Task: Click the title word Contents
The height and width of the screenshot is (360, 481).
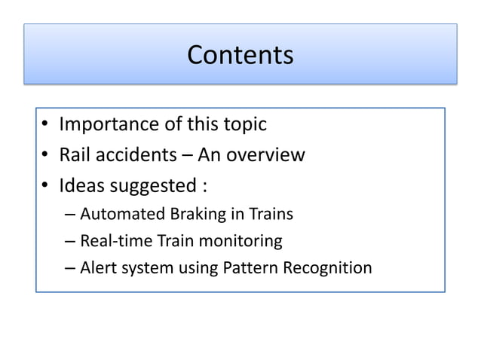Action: click(x=240, y=55)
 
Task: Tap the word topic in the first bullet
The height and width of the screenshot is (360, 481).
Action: click(x=243, y=124)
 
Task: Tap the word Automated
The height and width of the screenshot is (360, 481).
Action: click(x=121, y=215)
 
